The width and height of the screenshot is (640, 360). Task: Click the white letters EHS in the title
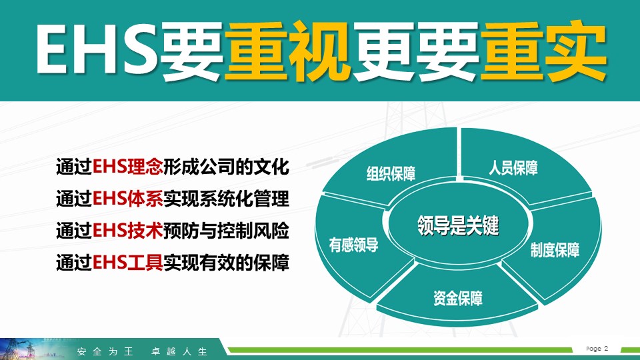(x=97, y=49)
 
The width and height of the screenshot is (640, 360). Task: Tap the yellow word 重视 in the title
(x=287, y=51)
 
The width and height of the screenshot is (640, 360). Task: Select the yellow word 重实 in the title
(x=543, y=51)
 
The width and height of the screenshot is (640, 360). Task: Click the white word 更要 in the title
(x=415, y=51)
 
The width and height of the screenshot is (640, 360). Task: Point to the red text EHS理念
(x=128, y=167)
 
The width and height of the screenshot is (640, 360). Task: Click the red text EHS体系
(x=128, y=199)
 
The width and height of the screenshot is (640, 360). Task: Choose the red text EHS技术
(x=128, y=231)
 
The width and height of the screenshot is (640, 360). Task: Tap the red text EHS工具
(x=128, y=263)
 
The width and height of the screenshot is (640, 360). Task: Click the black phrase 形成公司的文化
(x=226, y=167)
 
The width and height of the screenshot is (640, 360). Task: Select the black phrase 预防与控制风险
(x=226, y=231)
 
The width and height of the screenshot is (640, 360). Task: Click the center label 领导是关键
(x=458, y=225)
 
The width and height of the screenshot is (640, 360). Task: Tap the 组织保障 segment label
(x=391, y=173)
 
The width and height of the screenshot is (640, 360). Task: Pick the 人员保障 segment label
(x=513, y=168)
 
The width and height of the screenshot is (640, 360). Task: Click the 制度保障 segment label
(x=555, y=250)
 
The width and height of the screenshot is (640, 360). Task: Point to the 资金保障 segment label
(x=458, y=299)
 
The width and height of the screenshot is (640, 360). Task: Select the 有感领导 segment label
(x=354, y=245)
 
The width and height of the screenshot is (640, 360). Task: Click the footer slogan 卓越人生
(x=179, y=351)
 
